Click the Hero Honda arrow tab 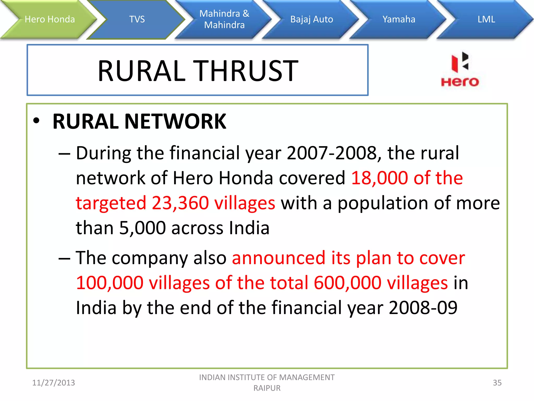(x=50, y=19)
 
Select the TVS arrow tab (x=137, y=19)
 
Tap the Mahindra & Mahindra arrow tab (x=224, y=19)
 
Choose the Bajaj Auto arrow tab (x=312, y=19)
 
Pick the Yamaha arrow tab (x=399, y=19)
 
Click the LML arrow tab (x=486, y=19)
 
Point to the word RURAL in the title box (x=142, y=71)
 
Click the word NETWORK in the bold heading (x=175, y=121)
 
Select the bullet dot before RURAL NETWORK (x=36, y=121)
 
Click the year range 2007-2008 (x=331, y=153)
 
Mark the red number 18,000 (x=379, y=178)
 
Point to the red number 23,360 (x=180, y=203)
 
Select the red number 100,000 (x=110, y=283)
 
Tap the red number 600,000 (x=347, y=283)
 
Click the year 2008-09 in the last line (x=423, y=308)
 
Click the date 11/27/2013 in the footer (x=53, y=383)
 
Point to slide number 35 (x=497, y=383)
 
